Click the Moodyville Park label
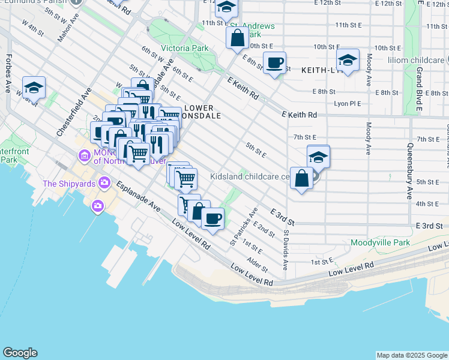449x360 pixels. (x=381, y=243)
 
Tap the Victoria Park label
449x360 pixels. (x=184, y=48)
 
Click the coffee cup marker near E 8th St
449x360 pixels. (x=275, y=62)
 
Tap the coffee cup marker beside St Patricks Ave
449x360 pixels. (x=212, y=218)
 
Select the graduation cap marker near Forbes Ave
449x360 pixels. (x=34, y=88)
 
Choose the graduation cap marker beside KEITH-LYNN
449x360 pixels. (x=348, y=60)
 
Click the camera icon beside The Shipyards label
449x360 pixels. (x=104, y=182)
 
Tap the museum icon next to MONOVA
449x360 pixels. (x=84, y=157)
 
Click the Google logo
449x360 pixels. (x=20, y=353)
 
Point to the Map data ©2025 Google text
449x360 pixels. (x=411, y=355)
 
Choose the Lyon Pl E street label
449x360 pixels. (x=347, y=104)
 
